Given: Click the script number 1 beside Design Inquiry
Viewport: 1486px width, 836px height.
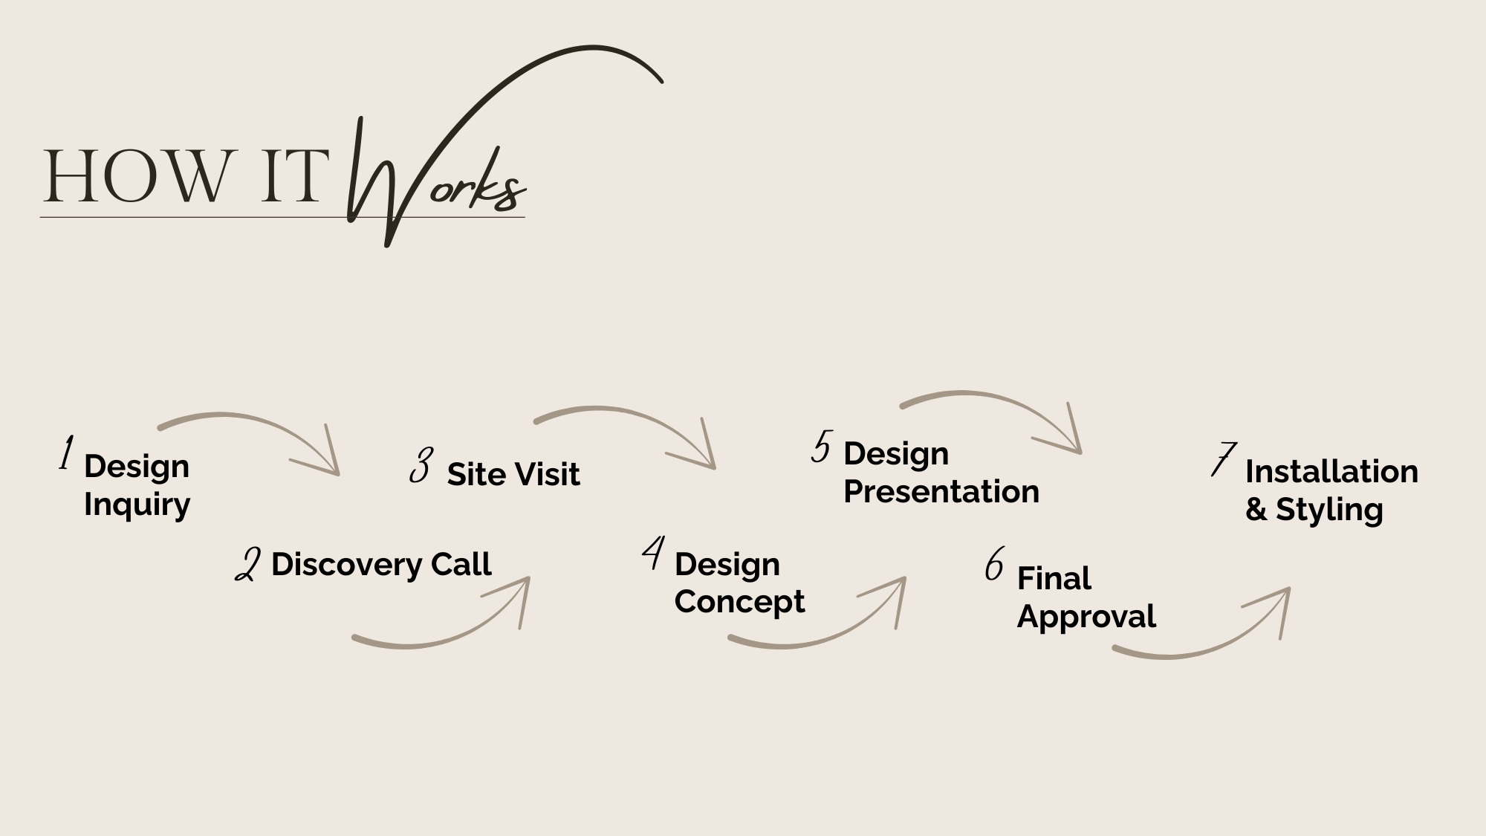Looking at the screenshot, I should coord(67,453).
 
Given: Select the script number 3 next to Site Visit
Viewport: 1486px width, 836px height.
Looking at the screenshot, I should coord(421,466).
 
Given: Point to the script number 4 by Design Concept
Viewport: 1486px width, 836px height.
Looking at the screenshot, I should coord(653,554).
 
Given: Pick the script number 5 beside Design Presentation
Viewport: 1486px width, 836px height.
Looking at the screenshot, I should coord(822,447).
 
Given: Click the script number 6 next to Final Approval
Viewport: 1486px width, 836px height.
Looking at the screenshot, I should coord(994,564).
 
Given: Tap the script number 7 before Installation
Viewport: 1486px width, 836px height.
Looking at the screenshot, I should coord(1222,459).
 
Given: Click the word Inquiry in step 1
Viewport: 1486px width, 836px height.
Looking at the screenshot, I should coord(137,505).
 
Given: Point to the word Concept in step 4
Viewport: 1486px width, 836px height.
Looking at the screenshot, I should coord(739,602).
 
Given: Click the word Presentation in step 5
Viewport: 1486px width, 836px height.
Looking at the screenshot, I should coord(941,492).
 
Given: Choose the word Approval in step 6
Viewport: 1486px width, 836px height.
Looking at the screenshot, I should coord(1086,617).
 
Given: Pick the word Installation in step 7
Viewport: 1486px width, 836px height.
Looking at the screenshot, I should coord(1331,472).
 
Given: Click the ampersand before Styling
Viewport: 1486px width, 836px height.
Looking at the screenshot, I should coord(1256,510).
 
